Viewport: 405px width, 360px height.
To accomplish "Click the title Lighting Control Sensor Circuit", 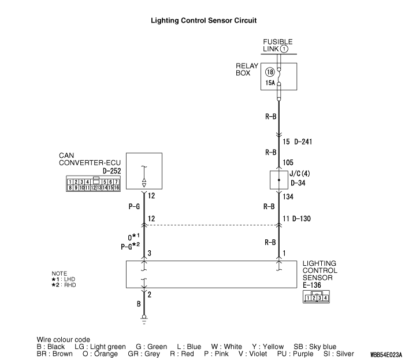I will pos(203,20).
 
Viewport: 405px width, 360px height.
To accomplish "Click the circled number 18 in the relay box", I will pos(270,72).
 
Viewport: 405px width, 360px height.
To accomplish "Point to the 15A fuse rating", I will pos(270,83).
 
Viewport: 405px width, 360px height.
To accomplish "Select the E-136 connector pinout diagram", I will pos(316,297).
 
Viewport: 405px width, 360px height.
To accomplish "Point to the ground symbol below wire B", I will pos(144,317).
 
